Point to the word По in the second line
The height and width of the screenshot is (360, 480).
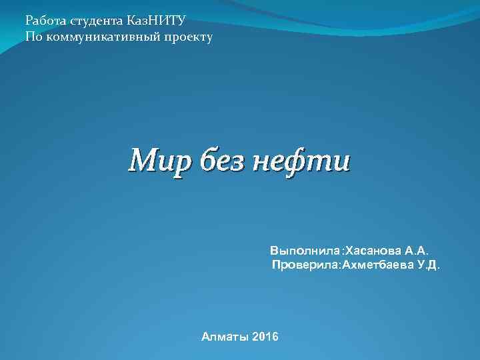pos(33,37)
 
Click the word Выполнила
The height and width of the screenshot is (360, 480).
pos(305,251)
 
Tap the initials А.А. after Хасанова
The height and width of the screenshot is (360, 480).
pos(418,251)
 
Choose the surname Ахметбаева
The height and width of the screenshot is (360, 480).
pos(378,265)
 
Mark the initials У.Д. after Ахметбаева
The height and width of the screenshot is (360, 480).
pos(429,265)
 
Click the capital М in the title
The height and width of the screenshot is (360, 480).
pos(142,161)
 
